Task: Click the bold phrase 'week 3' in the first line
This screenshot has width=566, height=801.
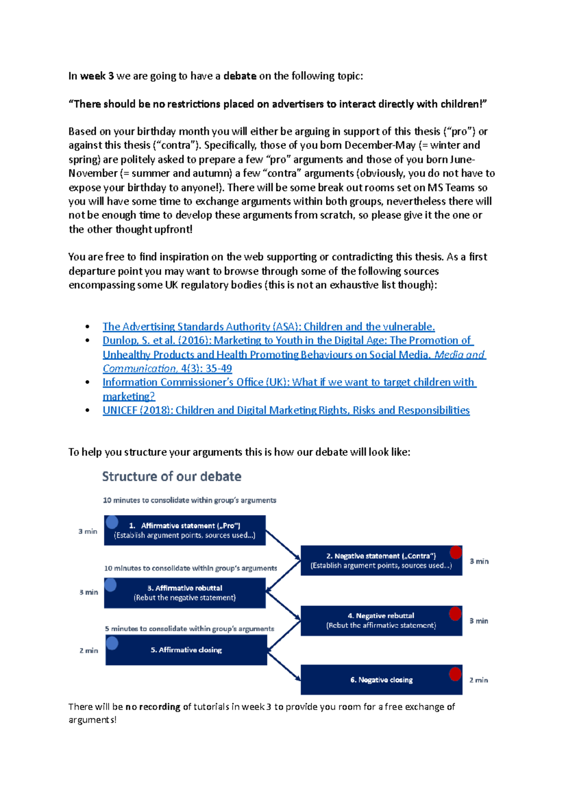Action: click(x=97, y=76)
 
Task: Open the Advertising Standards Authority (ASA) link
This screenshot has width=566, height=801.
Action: click(x=268, y=326)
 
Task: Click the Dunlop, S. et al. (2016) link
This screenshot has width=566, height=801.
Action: click(x=288, y=341)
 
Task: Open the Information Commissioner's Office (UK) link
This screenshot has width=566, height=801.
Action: click(x=289, y=382)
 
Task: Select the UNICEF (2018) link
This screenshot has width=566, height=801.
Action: click(x=286, y=410)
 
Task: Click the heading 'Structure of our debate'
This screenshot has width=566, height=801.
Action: click(x=172, y=476)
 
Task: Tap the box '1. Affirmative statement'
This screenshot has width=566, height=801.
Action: click(x=184, y=530)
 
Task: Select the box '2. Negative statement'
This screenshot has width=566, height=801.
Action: click(x=381, y=560)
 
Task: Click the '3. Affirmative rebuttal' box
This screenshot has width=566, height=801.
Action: click(x=184, y=592)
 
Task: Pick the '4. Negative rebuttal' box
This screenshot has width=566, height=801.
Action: click(x=381, y=620)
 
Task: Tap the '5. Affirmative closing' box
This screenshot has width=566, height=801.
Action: click(x=186, y=650)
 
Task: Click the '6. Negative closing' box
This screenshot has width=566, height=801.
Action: click(x=381, y=680)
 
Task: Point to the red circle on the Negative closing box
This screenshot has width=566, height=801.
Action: click(x=455, y=674)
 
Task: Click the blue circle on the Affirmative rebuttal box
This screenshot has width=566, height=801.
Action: click(x=111, y=585)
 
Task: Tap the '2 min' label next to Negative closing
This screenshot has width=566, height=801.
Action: click(x=478, y=680)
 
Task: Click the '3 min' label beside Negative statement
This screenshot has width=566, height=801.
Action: click(x=479, y=561)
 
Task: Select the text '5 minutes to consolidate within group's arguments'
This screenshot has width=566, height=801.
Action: click(x=189, y=628)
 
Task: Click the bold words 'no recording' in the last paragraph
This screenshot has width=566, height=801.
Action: click(x=153, y=707)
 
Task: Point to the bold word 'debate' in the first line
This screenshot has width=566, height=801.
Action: click(x=240, y=76)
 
